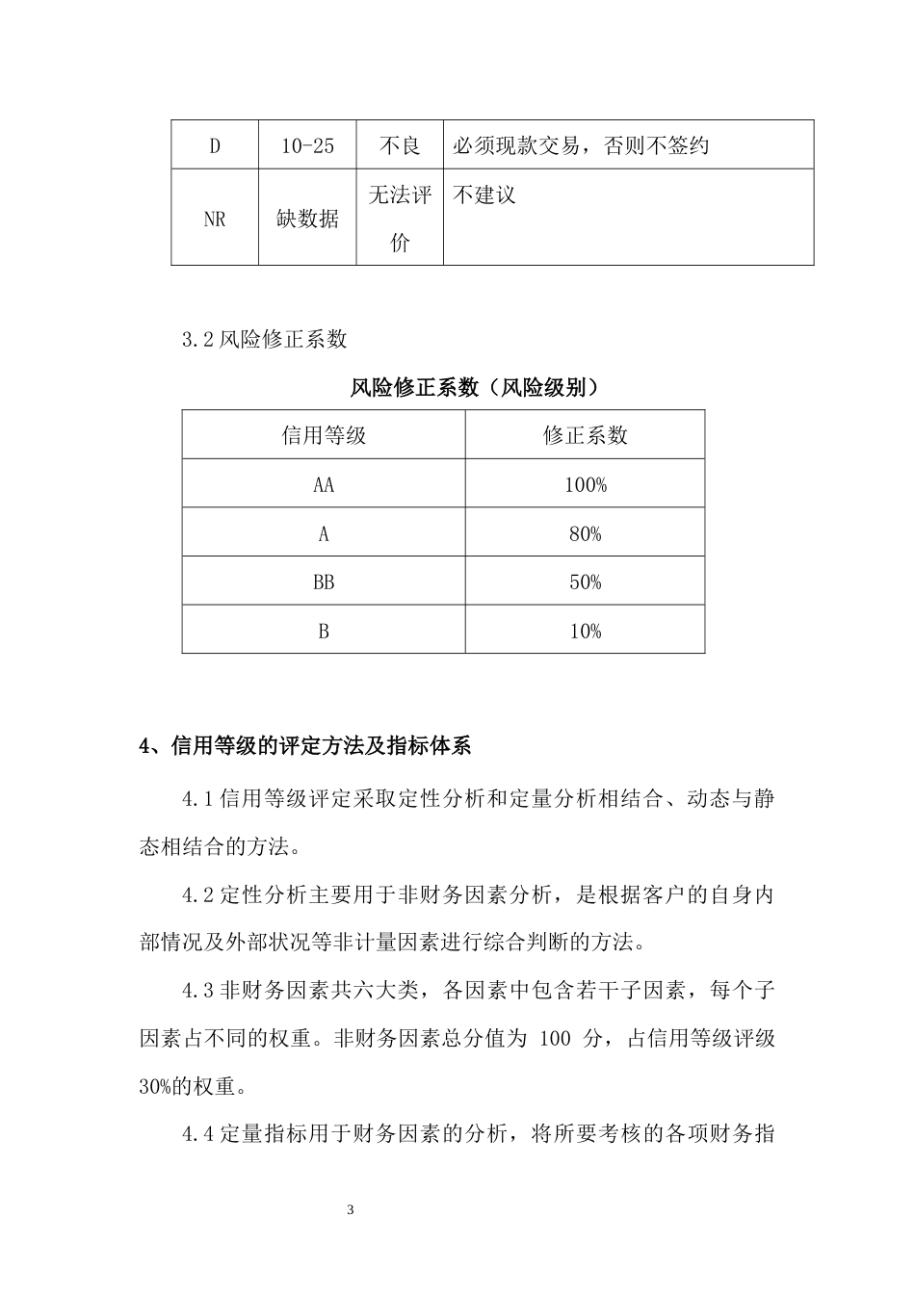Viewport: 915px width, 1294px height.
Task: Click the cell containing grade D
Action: [215, 145]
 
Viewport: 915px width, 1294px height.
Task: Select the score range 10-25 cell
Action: [307, 145]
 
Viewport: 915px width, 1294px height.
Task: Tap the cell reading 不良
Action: [400, 145]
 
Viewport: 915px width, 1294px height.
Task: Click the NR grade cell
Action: [215, 219]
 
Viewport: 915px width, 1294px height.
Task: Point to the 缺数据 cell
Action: [307, 219]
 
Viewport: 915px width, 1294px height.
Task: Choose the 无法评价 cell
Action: [400, 219]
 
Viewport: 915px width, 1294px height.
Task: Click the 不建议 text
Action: [484, 195]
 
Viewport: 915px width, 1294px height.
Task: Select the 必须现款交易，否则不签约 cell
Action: [581, 145]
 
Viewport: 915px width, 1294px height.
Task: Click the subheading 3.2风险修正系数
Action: [265, 339]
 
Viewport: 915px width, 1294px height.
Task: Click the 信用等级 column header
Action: [324, 435]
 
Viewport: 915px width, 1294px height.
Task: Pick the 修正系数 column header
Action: [585, 435]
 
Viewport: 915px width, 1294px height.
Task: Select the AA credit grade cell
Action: [324, 484]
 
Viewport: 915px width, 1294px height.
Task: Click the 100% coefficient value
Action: [585, 484]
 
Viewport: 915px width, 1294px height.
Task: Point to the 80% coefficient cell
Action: [585, 533]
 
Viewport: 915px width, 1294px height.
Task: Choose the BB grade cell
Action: [324, 582]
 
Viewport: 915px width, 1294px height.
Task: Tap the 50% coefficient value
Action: [585, 582]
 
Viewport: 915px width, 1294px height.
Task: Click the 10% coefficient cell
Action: [585, 631]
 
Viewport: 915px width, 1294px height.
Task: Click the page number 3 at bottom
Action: [350, 1209]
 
